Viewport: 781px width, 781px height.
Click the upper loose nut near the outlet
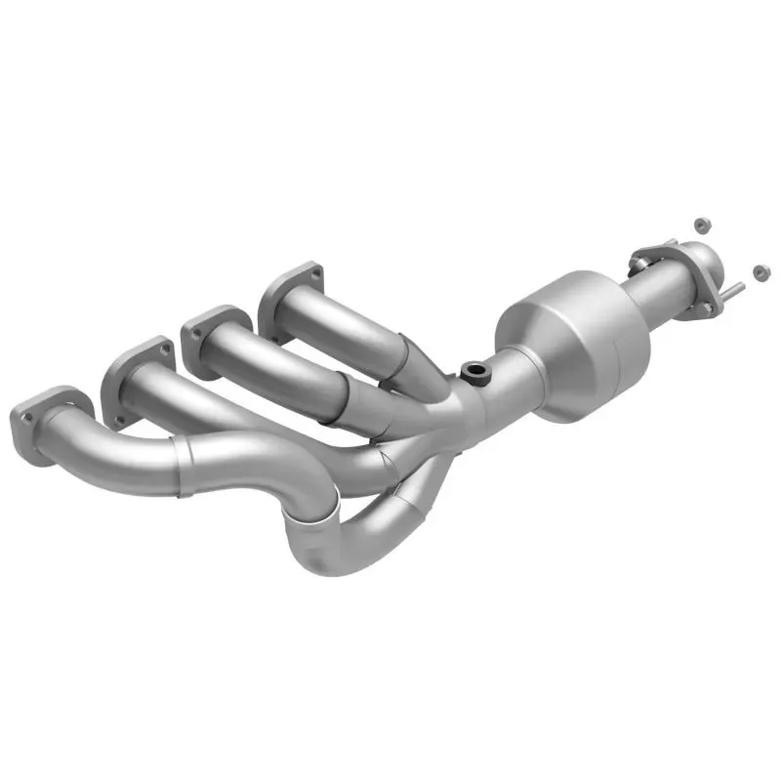click(x=700, y=226)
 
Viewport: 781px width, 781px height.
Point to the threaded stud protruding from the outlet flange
click(x=734, y=290)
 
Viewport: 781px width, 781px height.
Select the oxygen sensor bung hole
click(x=474, y=371)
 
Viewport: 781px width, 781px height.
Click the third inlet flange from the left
click(x=210, y=331)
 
